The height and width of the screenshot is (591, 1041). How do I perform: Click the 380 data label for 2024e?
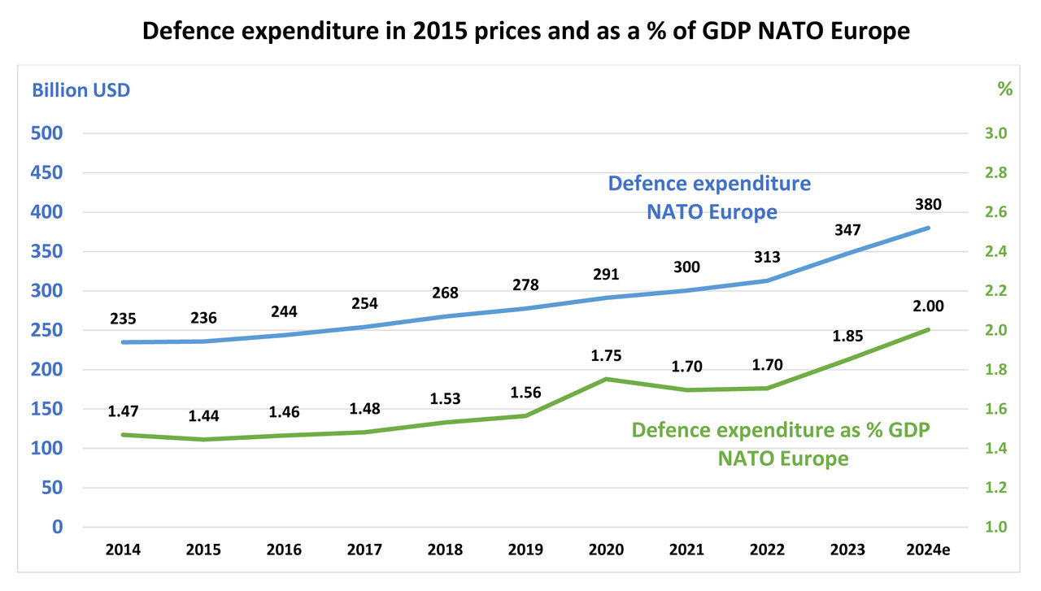click(927, 204)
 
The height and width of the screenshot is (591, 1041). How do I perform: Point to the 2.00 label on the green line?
click(927, 306)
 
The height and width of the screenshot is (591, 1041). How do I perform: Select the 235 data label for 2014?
click(122, 319)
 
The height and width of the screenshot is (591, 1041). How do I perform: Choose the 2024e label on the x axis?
click(927, 550)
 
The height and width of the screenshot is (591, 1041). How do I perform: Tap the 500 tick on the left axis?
click(46, 133)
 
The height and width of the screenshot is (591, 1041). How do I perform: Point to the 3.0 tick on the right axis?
click(995, 133)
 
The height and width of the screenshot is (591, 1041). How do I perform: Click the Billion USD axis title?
click(81, 90)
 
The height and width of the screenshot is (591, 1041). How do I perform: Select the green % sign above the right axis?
click(1005, 89)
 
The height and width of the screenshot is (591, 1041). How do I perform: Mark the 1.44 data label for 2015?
click(203, 415)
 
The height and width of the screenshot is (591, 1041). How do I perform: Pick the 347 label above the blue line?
click(847, 231)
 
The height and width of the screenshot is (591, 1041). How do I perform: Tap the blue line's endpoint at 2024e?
click(928, 228)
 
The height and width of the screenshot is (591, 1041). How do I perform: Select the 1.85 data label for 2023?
click(847, 336)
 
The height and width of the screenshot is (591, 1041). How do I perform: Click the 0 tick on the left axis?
click(58, 527)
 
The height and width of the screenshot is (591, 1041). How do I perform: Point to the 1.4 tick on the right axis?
click(995, 449)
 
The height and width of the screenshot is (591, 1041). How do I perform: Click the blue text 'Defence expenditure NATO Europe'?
click(710, 198)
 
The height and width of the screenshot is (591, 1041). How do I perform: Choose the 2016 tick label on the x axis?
click(284, 550)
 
